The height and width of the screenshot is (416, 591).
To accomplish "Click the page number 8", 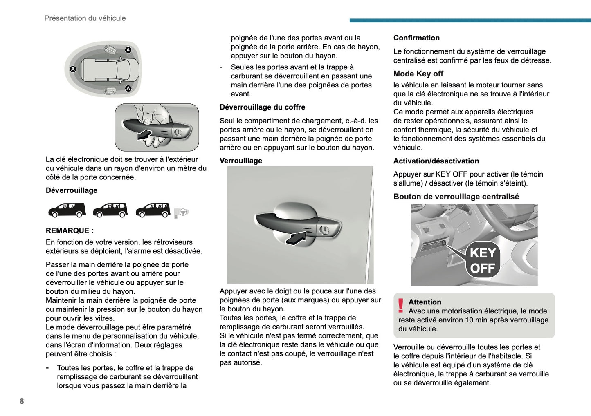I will [x=22, y=401].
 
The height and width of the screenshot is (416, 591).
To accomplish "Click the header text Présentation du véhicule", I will [x=85, y=18].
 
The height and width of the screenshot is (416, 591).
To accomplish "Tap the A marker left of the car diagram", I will [x=73, y=69].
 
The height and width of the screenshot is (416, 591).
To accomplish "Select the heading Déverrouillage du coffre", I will [x=262, y=107].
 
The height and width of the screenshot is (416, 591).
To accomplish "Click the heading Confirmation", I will [x=416, y=38].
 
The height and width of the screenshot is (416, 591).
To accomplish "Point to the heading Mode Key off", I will [x=418, y=74].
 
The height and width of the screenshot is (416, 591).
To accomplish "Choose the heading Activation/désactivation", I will [x=436, y=161].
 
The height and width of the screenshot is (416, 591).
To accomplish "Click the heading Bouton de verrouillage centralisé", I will [x=456, y=197].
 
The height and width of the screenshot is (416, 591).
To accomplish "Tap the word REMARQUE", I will [x=67, y=230].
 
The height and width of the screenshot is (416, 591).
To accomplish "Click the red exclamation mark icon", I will [x=401, y=305].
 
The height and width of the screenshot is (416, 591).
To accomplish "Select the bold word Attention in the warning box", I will [x=425, y=302].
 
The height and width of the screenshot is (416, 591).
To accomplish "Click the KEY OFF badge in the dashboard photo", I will [x=483, y=261].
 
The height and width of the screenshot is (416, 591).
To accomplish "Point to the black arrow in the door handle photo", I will [x=296, y=238].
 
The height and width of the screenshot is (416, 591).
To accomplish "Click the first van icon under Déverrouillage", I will [x=67, y=210].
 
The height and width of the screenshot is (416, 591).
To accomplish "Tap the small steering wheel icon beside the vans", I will [x=182, y=212].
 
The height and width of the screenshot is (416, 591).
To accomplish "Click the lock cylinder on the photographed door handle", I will [x=324, y=230].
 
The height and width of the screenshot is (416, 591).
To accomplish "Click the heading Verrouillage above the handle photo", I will [x=240, y=161].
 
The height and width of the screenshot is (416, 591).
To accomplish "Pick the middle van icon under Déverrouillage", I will [x=110, y=210].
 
